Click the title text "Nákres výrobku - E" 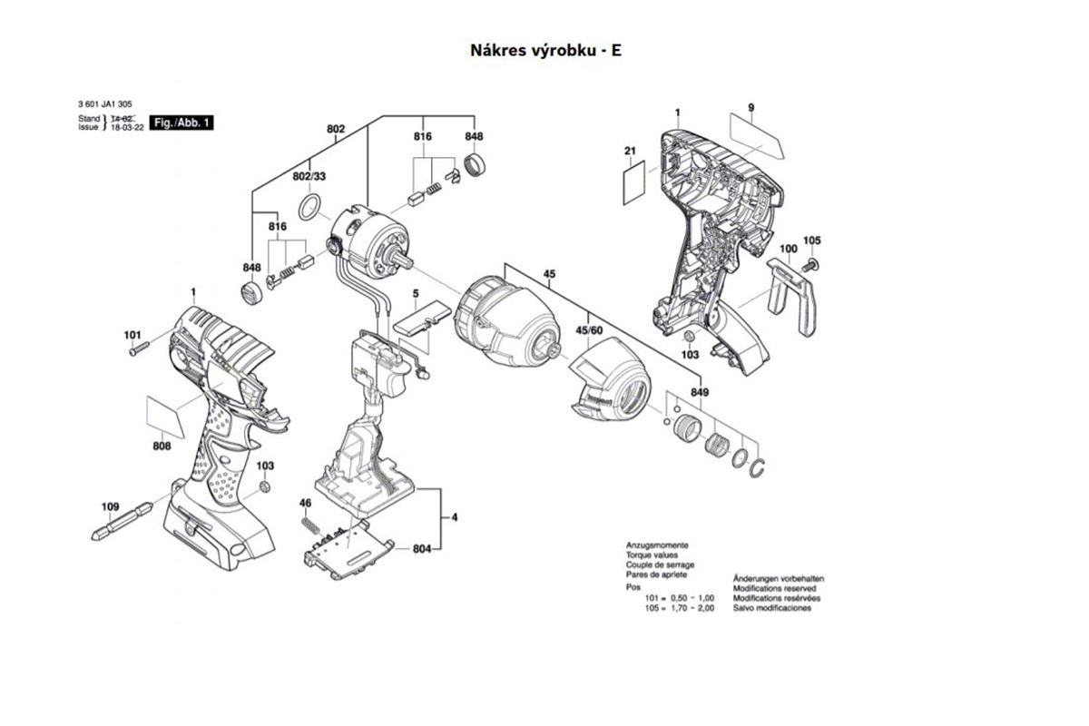tap(545, 49)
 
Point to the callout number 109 tap(110, 506)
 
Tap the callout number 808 tap(162, 446)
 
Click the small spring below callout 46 tap(309, 525)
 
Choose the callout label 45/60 tap(589, 330)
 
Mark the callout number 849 tap(699, 393)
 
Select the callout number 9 tap(751, 109)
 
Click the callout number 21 tap(630, 151)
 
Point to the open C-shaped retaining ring tap(761, 467)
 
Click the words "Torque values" tap(651, 554)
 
